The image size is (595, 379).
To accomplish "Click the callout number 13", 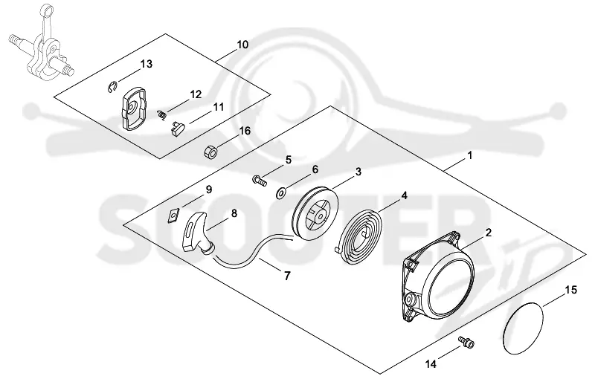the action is click(x=146, y=64).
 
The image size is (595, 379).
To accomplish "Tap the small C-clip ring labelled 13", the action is click(x=110, y=87).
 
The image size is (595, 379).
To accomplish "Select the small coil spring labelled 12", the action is click(x=161, y=114).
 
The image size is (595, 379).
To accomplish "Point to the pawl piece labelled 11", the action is click(x=177, y=128).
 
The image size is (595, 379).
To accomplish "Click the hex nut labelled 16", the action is click(x=212, y=152).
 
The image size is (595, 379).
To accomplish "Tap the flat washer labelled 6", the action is click(x=281, y=193).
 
